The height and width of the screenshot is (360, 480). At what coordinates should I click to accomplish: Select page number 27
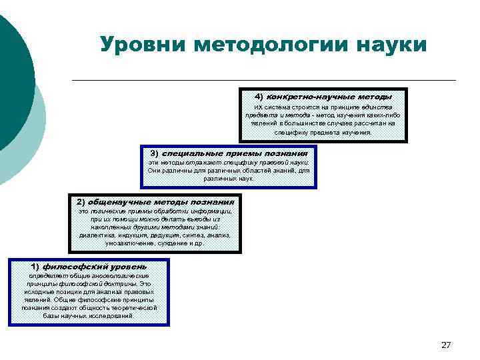[446, 345]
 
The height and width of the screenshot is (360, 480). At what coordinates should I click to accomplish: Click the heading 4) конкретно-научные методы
[323, 96]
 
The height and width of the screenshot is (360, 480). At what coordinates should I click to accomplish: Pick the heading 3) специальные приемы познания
[229, 153]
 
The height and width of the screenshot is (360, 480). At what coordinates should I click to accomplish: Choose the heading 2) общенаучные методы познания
[155, 201]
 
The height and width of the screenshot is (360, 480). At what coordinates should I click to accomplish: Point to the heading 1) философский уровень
[89, 267]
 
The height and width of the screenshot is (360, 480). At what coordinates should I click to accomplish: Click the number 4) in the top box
[259, 96]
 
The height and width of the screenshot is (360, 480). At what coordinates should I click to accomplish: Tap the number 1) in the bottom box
[37, 267]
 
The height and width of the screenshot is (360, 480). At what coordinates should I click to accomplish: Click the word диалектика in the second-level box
[95, 235]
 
